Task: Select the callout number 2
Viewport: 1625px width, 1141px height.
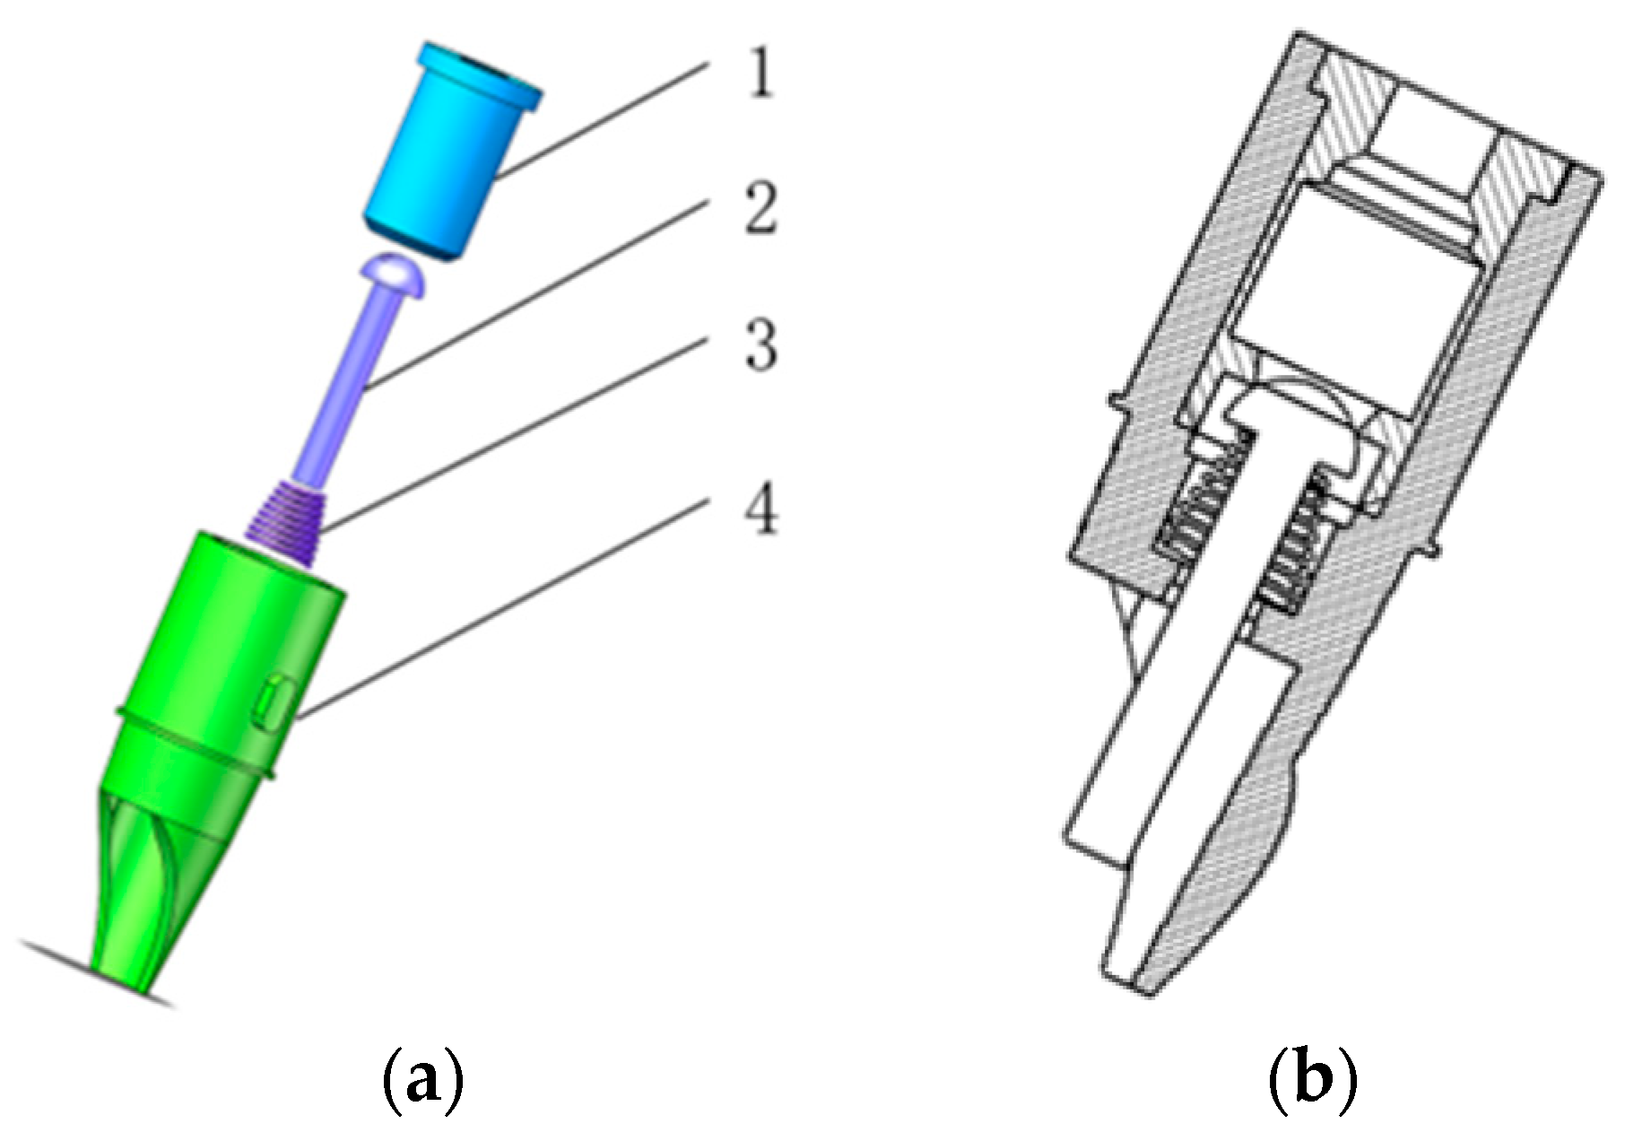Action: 760,210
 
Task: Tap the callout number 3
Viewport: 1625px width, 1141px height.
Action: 761,347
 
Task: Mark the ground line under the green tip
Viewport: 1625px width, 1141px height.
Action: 54,956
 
